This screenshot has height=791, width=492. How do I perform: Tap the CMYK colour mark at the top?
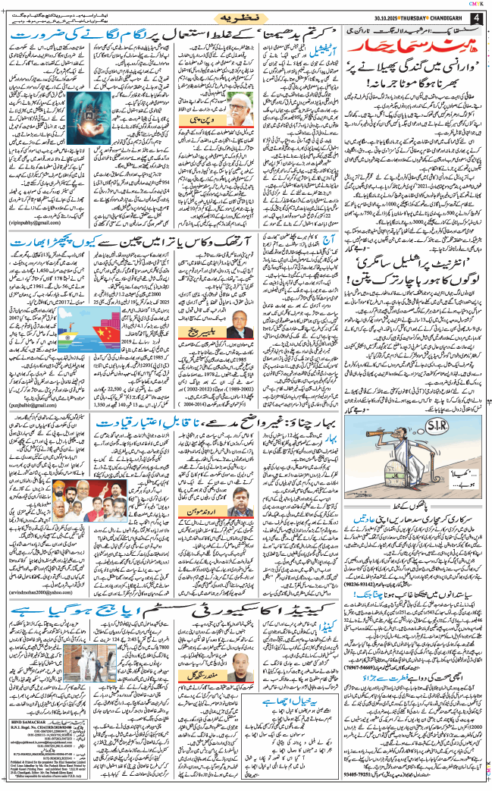click(479, 4)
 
